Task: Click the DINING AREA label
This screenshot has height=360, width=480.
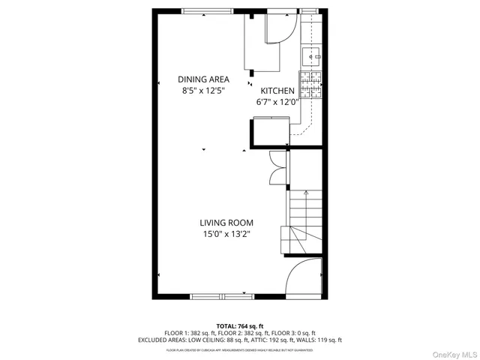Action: click(203, 79)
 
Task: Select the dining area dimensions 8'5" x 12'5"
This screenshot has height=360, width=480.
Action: click(203, 91)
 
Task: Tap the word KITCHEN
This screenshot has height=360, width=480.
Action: click(277, 91)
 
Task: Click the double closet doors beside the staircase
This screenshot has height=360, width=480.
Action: click(277, 166)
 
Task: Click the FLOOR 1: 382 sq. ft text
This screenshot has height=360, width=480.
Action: click(190, 333)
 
